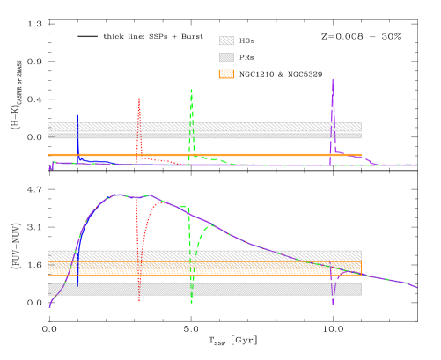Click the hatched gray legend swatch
[x=226, y=40]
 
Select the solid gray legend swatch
[x=226, y=57]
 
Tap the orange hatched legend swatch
[x=226, y=74]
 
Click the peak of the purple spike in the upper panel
[x=333, y=79]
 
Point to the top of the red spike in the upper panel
[x=139, y=98]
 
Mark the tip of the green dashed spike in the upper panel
[x=191, y=89]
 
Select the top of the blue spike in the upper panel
[x=77, y=114]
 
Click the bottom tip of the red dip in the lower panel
[x=139, y=301]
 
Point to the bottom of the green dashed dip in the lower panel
[x=191, y=304]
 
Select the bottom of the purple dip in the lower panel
[x=334, y=305]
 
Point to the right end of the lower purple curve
[x=417, y=288]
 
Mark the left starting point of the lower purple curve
[x=49, y=307]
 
